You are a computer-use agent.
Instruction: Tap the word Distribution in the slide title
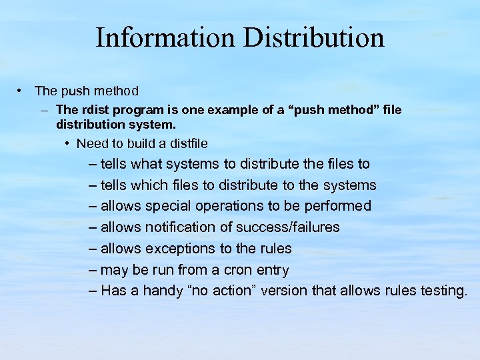314,37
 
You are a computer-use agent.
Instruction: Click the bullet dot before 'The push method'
21,90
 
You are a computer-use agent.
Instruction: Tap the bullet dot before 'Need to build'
69,143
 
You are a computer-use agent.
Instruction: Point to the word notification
179,227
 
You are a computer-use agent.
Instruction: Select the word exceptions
177,249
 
